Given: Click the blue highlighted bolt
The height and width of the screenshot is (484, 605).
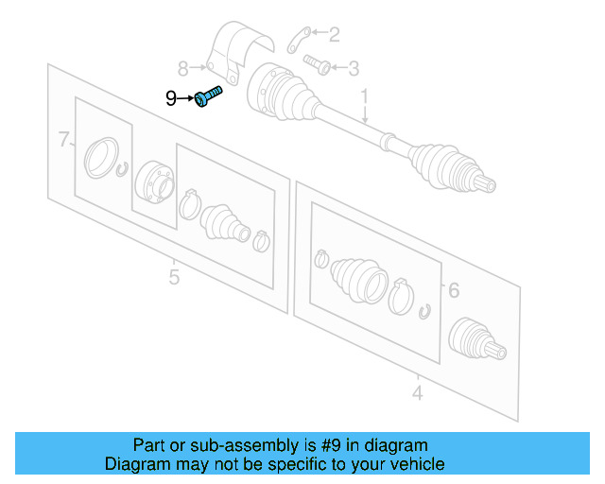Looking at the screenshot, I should click(x=209, y=96).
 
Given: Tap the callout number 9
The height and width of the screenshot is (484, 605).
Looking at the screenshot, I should click(x=170, y=97).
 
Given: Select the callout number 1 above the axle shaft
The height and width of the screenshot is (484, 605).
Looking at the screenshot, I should click(x=363, y=95).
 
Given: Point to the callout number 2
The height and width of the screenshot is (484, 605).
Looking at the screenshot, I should click(x=334, y=35).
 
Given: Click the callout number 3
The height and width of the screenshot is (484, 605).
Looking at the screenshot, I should click(x=353, y=67).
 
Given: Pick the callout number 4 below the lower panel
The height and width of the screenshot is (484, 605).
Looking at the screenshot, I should click(x=417, y=390).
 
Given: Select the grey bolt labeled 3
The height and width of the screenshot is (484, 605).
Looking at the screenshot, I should click(x=316, y=65).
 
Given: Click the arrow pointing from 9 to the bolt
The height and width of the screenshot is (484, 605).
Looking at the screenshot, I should click(x=188, y=97).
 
